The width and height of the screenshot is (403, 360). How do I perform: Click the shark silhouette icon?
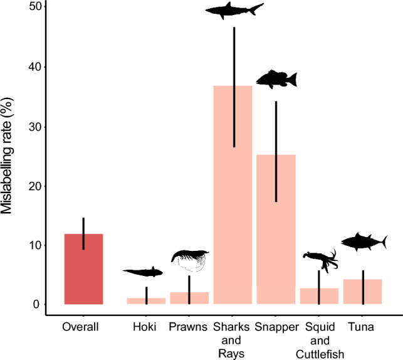[234, 10]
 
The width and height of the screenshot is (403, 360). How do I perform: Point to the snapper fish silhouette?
[276, 79]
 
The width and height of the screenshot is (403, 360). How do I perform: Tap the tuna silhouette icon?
[364, 241]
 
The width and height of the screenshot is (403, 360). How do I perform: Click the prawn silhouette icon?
[190, 258]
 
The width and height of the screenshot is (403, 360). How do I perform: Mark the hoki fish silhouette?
[143, 272]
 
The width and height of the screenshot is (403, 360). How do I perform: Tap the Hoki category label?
[145, 327]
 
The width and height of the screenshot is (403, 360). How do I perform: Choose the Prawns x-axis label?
[189, 327]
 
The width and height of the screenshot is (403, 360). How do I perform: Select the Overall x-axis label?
[83, 327]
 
